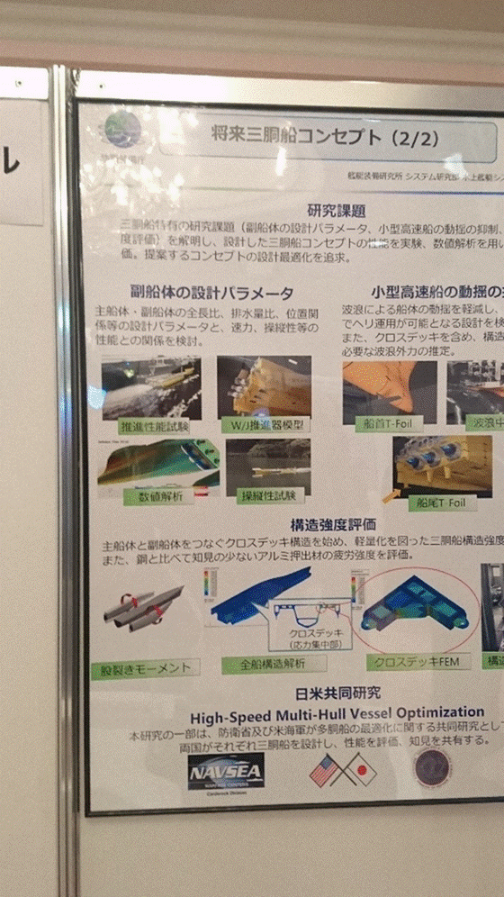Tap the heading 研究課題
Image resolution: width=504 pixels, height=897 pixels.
point(335,211)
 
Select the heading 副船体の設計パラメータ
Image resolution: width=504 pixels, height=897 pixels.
point(211,293)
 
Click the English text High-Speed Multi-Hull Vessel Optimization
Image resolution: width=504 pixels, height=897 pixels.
point(330,712)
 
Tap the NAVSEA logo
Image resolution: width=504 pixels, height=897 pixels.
point(225,771)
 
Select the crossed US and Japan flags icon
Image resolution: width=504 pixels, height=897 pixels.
point(342,769)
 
